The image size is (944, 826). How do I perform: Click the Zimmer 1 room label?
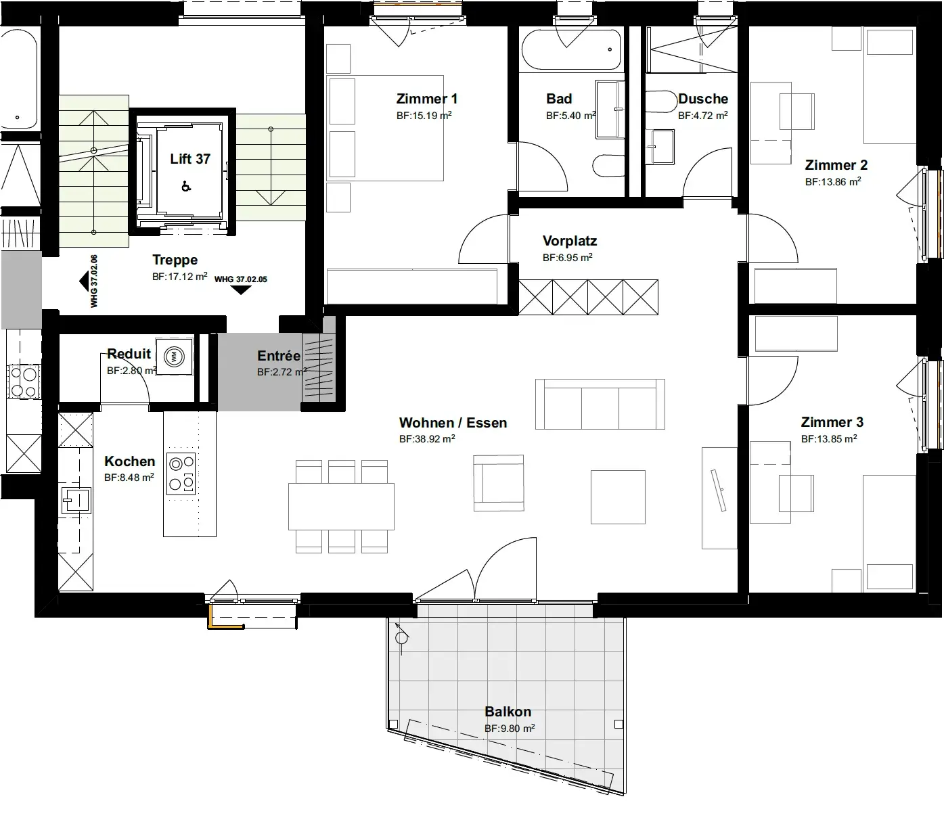[x=427, y=99]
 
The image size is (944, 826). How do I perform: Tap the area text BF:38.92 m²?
[x=427, y=438]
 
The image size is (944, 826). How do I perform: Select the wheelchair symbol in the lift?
[x=186, y=186]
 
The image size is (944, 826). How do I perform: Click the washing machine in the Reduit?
[x=174, y=357]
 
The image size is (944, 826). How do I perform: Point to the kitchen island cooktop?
[x=181, y=474]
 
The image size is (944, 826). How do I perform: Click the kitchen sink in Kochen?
[x=76, y=500]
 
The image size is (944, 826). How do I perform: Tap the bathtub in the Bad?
[x=571, y=50]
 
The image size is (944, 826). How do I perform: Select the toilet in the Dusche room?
[x=660, y=102]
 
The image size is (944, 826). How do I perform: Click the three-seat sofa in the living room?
[x=600, y=404]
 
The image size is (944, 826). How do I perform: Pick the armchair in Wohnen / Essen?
[x=498, y=483]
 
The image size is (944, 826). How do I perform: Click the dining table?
[x=341, y=507]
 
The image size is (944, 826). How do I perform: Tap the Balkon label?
[x=508, y=712]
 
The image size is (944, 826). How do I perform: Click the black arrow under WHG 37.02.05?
[x=240, y=290]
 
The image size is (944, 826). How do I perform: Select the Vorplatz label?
[x=570, y=241]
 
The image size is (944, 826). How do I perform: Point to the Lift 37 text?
[x=190, y=159]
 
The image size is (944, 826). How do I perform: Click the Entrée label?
[x=279, y=356]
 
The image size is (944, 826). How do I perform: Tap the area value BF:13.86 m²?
[x=833, y=182]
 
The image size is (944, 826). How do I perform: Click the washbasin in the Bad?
[x=610, y=110]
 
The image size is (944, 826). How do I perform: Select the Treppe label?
[x=175, y=260]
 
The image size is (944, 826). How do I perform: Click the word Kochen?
[x=130, y=461]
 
